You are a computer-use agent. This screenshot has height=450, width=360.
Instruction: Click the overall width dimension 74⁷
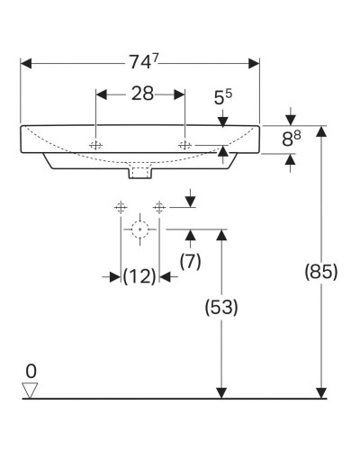click(x=140, y=63)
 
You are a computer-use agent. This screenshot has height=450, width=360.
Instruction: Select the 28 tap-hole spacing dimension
click(x=140, y=93)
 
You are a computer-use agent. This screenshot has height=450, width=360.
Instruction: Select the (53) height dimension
click(x=219, y=307)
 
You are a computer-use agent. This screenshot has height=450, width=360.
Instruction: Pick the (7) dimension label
click(x=190, y=261)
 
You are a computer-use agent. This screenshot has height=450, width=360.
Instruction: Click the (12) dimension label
click(x=139, y=276)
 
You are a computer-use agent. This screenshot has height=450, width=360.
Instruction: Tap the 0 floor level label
click(x=31, y=371)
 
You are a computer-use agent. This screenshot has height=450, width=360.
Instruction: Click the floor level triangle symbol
click(x=31, y=389)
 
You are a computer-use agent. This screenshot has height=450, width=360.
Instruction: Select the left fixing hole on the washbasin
click(x=95, y=145)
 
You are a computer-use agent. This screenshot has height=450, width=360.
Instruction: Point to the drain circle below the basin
click(x=139, y=229)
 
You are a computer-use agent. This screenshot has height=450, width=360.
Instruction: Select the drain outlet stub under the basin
click(x=139, y=171)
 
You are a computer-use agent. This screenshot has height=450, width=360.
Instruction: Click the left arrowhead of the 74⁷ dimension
click(x=25, y=63)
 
